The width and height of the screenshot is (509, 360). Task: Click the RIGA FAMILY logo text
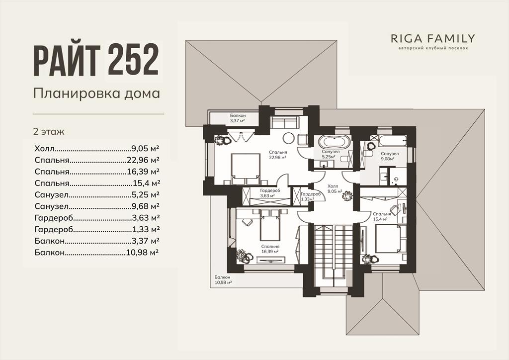tap(433, 39)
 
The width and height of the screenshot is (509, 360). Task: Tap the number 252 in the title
tap(133, 60)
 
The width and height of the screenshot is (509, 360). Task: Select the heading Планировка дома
tap(97, 93)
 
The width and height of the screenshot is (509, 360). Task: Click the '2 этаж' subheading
tap(49, 132)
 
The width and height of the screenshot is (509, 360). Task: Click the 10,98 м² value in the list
tap(143, 252)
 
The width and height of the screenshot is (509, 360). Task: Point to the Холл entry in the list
tap(44, 149)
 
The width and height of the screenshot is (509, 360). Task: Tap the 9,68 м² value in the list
tap(146, 206)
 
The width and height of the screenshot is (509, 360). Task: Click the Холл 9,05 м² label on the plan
tap(335, 189)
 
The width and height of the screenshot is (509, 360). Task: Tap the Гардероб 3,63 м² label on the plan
tap(270, 193)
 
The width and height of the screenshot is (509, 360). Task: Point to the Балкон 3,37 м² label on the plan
tap(238, 118)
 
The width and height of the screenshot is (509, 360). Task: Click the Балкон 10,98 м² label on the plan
tap(223, 280)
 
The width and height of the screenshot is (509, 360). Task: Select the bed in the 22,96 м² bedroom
tap(246, 169)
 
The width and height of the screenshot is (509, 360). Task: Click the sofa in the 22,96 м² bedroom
tap(284, 123)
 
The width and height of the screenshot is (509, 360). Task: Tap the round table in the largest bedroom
tap(289, 138)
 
